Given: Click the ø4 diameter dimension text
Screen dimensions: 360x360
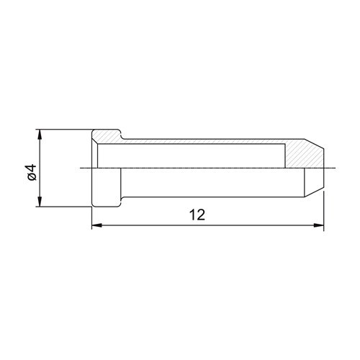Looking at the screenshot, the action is point(32,172).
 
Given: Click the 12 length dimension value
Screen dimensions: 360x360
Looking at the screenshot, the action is point(197,215).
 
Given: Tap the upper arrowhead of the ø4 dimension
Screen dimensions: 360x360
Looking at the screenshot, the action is point(40,135).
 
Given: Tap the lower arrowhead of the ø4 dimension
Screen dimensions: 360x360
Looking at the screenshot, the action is point(40,202).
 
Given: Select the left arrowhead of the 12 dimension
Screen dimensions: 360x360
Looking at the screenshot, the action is point(97,225).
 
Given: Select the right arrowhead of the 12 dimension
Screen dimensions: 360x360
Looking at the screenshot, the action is point(319,225).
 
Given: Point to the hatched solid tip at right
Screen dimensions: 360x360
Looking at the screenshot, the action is point(304,155).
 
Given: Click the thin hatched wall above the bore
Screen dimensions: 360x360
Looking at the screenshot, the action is point(204,141).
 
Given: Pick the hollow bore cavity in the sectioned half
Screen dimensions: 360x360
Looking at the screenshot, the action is point(191,156).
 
